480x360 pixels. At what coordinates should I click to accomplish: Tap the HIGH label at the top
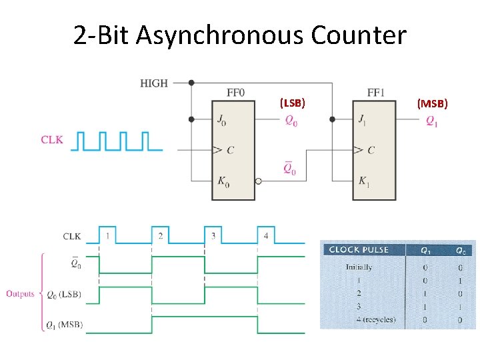click(x=154, y=83)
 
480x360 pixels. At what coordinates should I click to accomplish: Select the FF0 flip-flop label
click(x=235, y=93)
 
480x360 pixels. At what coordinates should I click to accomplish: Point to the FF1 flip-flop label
click(x=375, y=93)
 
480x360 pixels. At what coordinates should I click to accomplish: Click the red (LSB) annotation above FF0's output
click(x=293, y=103)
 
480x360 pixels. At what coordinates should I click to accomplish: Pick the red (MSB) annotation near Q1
click(x=433, y=103)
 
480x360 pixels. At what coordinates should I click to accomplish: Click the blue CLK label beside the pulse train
click(x=52, y=140)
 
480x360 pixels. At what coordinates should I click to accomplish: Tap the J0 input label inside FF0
click(x=222, y=120)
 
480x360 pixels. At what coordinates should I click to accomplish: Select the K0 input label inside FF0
click(x=223, y=181)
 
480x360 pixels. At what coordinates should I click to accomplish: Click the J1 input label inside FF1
click(x=362, y=120)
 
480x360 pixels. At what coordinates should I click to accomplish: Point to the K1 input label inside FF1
click(x=363, y=181)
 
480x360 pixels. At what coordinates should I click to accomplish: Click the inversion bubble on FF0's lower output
click(x=259, y=181)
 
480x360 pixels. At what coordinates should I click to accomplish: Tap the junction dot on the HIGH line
click(x=191, y=83)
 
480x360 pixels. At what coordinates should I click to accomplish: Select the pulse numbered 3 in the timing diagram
click(x=213, y=236)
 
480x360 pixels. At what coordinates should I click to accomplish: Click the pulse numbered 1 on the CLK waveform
click(x=107, y=236)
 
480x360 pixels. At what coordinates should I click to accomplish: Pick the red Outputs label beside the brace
click(x=20, y=293)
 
